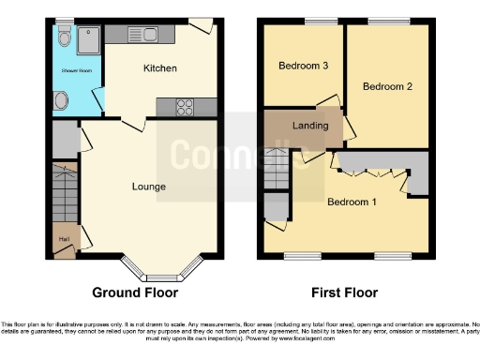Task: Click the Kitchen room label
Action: coord(160,68)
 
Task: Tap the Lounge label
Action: coord(148,187)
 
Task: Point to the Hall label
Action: coord(64,239)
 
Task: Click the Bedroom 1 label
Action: coord(352,202)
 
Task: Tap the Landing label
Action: coord(310,126)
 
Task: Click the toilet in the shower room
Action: coord(63,36)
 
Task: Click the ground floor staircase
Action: coord(67,198)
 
